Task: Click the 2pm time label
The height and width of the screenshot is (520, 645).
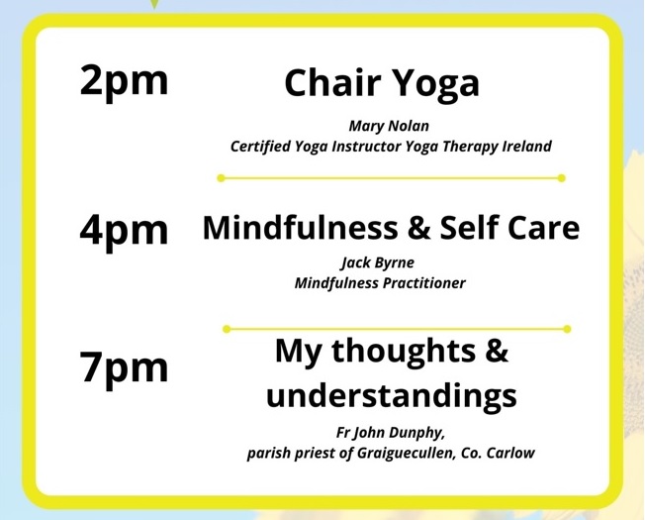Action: [125, 83]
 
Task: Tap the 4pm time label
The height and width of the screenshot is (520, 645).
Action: [125, 232]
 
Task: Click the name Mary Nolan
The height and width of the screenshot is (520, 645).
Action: [389, 126]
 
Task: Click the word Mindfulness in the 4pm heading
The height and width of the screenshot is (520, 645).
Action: [301, 227]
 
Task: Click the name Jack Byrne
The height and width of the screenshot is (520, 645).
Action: [377, 263]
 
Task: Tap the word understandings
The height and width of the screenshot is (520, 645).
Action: [391, 396]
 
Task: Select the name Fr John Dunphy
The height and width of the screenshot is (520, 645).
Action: [391, 433]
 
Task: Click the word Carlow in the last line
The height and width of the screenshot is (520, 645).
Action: [510, 453]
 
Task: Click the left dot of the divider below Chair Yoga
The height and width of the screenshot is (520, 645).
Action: [221, 178]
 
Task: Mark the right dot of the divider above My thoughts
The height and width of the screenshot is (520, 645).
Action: [567, 329]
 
